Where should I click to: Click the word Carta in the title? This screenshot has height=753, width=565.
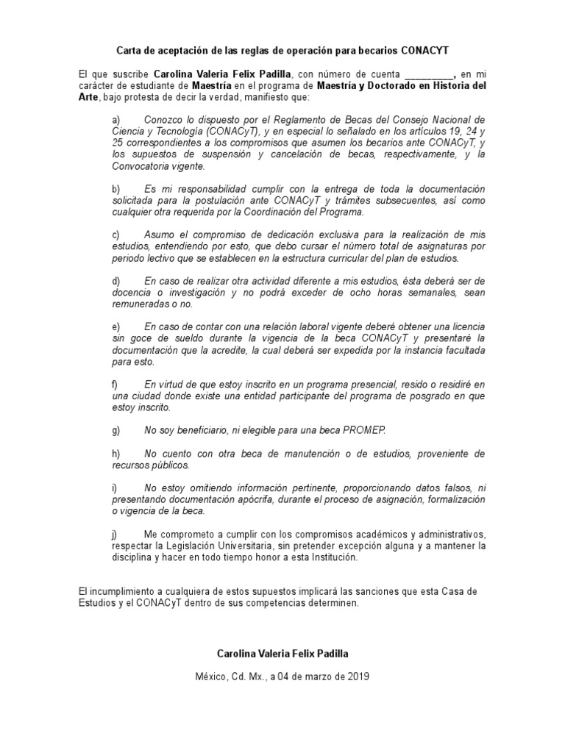[129, 51]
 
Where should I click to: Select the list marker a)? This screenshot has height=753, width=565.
[116, 119]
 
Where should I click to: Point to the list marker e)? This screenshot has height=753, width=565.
[116, 326]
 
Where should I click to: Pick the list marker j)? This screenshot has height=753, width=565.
[116, 533]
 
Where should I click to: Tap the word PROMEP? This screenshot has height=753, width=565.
[385, 430]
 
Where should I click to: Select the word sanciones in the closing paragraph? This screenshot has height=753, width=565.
[350, 590]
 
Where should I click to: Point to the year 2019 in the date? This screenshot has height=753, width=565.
[358, 676]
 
